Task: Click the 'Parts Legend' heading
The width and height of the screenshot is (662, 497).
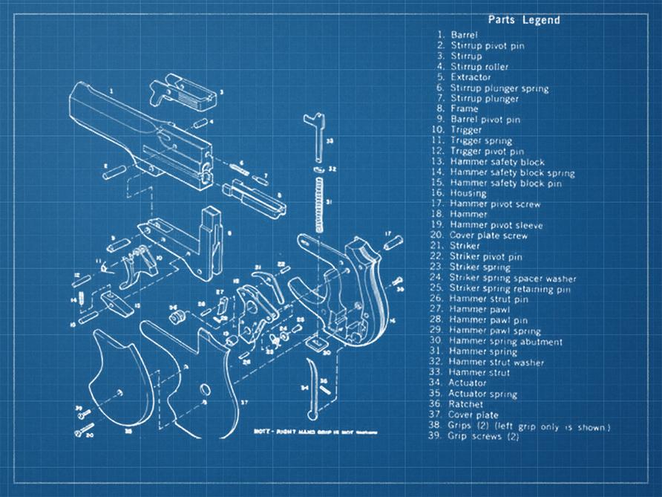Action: tap(523, 20)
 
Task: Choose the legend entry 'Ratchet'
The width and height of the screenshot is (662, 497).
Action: tap(466, 404)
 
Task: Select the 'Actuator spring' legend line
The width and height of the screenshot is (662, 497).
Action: tap(483, 394)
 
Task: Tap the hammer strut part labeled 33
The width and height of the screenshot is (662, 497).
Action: tap(317, 137)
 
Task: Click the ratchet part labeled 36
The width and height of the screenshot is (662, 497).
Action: tap(176, 316)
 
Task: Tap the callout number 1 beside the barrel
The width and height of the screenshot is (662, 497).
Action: tap(111, 90)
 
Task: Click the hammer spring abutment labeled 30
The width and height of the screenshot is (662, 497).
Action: tap(316, 342)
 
